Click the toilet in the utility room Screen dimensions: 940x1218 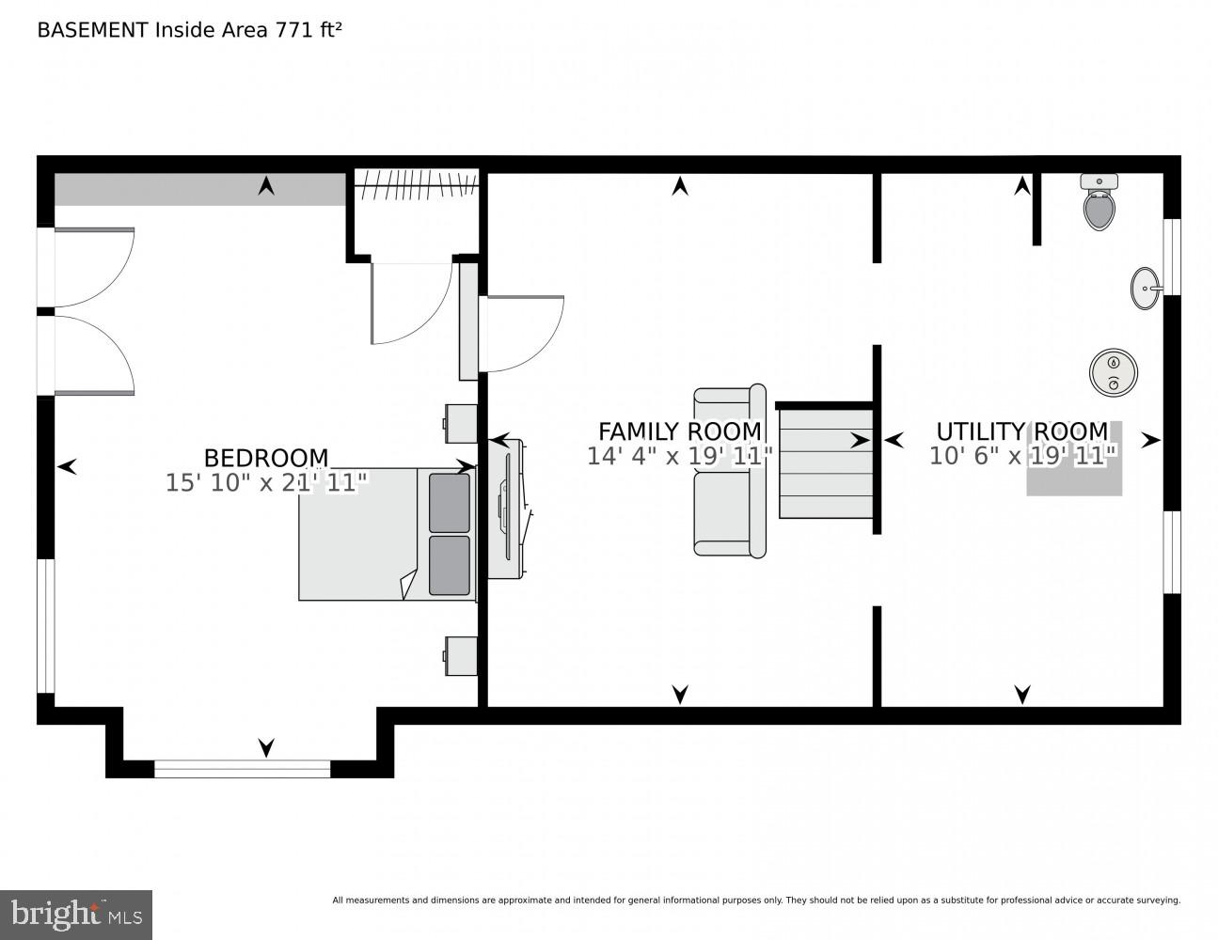click(x=1098, y=203)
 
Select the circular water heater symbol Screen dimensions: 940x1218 click(x=1114, y=372)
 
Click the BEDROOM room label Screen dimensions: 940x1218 click(x=266, y=458)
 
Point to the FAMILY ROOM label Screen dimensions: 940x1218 click(x=679, y=431)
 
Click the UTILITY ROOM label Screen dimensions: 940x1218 click(x=1021, y=431)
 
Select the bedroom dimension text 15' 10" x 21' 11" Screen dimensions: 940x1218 click(x=266, y=483)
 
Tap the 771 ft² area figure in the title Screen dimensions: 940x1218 click(x=307, y=30)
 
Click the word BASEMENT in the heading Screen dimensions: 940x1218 click(x=92, y=30)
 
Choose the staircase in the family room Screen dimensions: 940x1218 click(x=826, y=461)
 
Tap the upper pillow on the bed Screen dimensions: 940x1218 click(x=449, y=503)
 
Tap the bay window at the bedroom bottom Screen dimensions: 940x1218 click(x=242, y=768)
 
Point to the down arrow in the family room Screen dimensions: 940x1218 click(x=680, y=694)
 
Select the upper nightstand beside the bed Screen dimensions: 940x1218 click(x=461, y=423)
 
